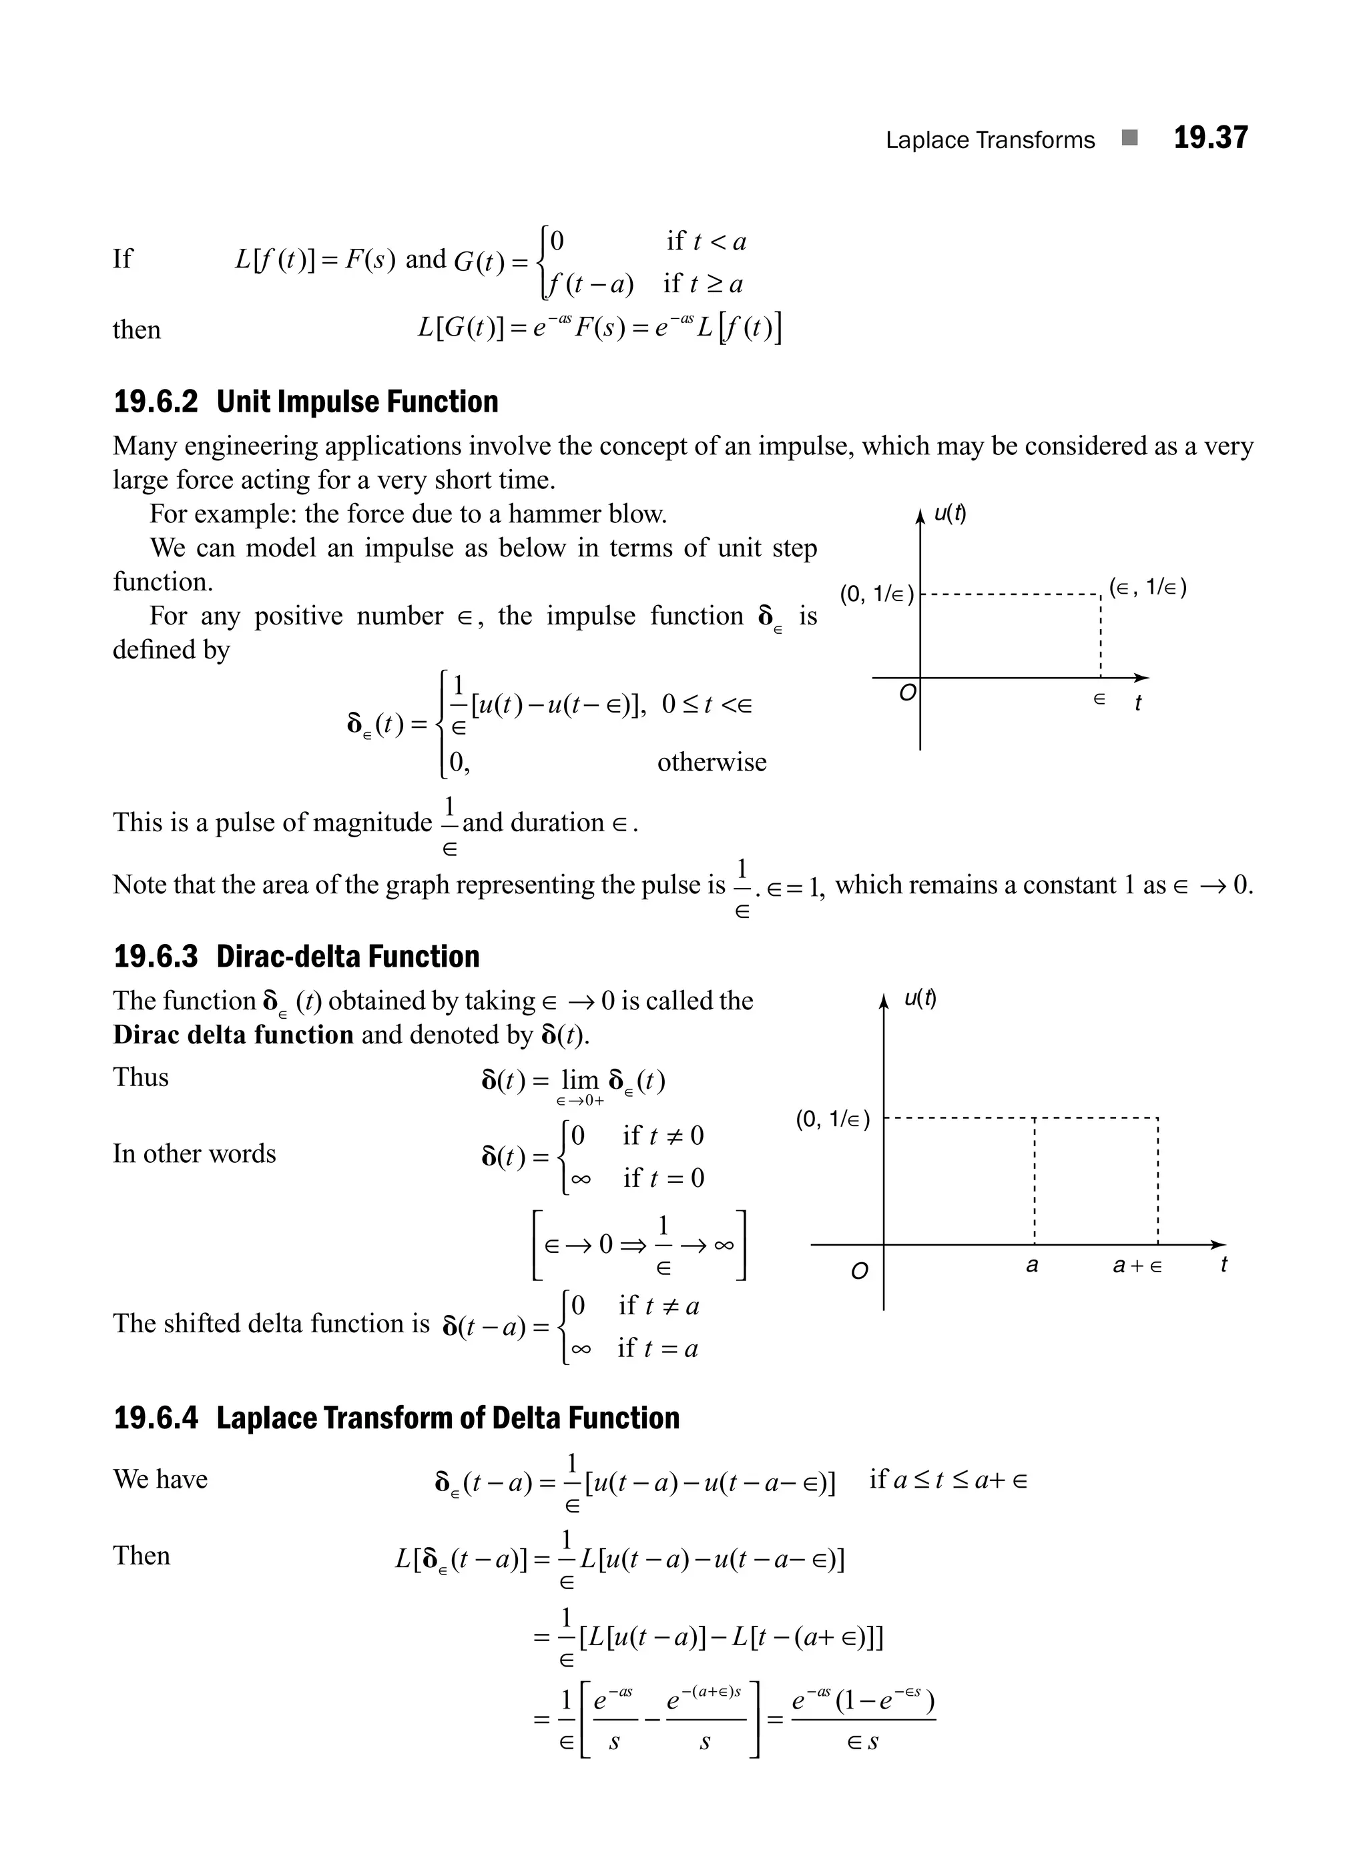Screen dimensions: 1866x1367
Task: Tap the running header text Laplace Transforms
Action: tap(990, 140)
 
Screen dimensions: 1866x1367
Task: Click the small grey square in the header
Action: tap(1129, 137)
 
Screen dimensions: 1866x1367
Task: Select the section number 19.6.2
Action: tap(156, 402)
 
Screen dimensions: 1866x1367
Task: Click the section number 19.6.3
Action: tap(156, 956)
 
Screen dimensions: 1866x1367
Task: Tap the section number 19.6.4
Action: tap(156, 1418)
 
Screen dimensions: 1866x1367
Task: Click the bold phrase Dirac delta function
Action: tap(234, 1035)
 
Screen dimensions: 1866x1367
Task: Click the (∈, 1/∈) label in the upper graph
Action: tap(1147, 588)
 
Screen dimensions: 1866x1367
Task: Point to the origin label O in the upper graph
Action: tap(907, 693)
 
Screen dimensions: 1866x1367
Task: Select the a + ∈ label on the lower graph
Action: tap(1137, 1266)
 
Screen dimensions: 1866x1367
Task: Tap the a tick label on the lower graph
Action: tap(1032, 1265)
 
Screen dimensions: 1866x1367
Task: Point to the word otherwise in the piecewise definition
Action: tap(712, 762)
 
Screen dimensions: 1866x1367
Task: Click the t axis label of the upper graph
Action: tap(1138, 703)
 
